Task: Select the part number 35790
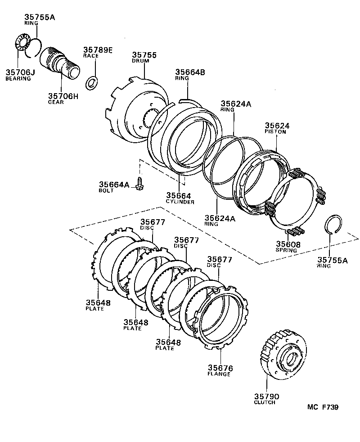[267, 396]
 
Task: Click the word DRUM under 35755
[140, 61]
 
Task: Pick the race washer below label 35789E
[92, 82]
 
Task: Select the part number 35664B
[190, 72]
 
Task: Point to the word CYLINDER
[180, 202]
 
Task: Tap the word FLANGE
[219, 374]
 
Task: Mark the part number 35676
[219, 368]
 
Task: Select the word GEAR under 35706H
[56, 102]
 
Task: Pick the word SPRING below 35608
[287, 250]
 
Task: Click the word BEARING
[18, 78]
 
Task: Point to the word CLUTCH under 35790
[265, 402]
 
